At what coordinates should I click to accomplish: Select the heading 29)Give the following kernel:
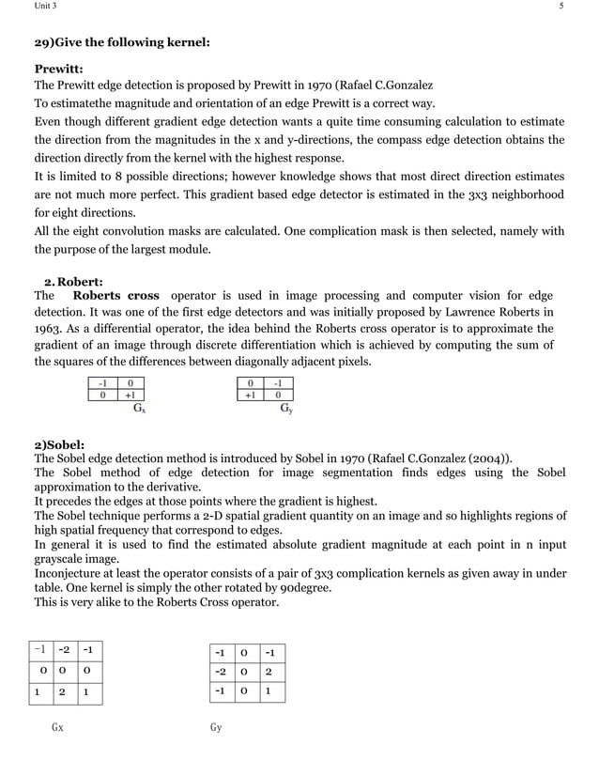point(122,43)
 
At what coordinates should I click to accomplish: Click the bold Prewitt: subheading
point(58,69)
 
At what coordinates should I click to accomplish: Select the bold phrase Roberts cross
point(115,295)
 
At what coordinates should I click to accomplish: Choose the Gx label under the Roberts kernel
point(139,410)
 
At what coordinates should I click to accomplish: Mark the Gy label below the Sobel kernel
point(216,727)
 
